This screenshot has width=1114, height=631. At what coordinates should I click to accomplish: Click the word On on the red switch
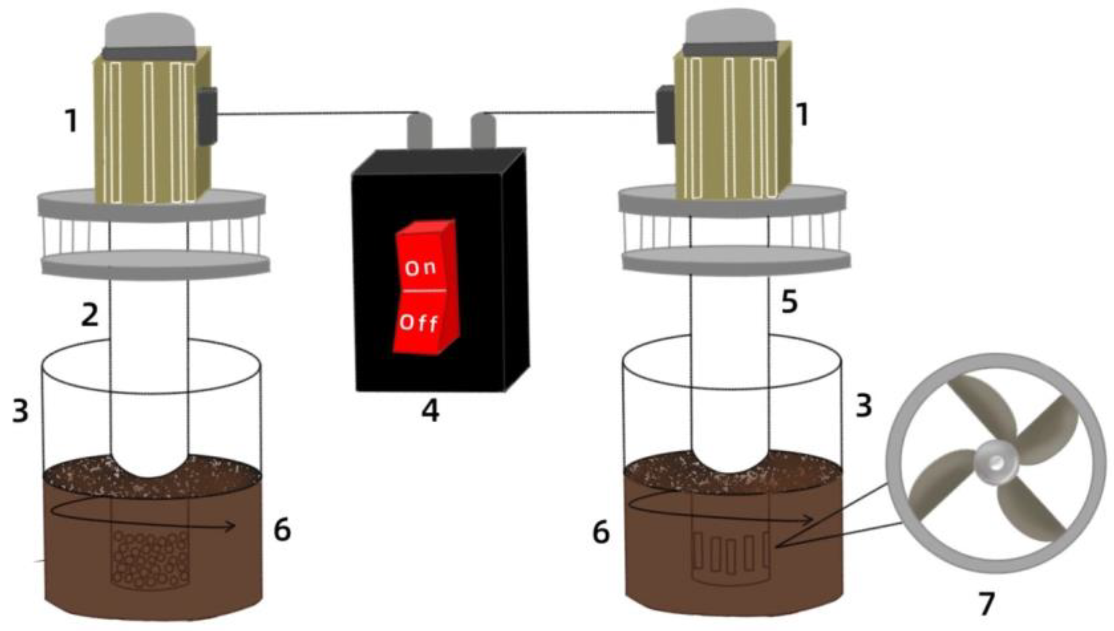(420, 268)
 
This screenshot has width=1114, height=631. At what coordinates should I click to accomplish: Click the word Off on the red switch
(418, 323)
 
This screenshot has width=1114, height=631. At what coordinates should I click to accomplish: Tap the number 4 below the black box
(430, 411)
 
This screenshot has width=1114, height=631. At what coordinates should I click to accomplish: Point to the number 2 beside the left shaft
(90, 315)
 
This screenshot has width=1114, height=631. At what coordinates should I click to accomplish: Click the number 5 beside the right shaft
(789, 302)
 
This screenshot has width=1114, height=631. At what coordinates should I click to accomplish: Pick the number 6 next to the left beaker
(282, 529)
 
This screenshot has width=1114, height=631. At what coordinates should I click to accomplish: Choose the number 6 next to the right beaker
(601, 532)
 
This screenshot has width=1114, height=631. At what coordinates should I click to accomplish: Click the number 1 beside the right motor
(801, 114)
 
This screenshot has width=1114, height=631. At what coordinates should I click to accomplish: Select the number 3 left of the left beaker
(20, 411)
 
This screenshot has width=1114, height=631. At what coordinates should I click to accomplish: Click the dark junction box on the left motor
(207, 116)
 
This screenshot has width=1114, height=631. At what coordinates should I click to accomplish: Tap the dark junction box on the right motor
(666, 115)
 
